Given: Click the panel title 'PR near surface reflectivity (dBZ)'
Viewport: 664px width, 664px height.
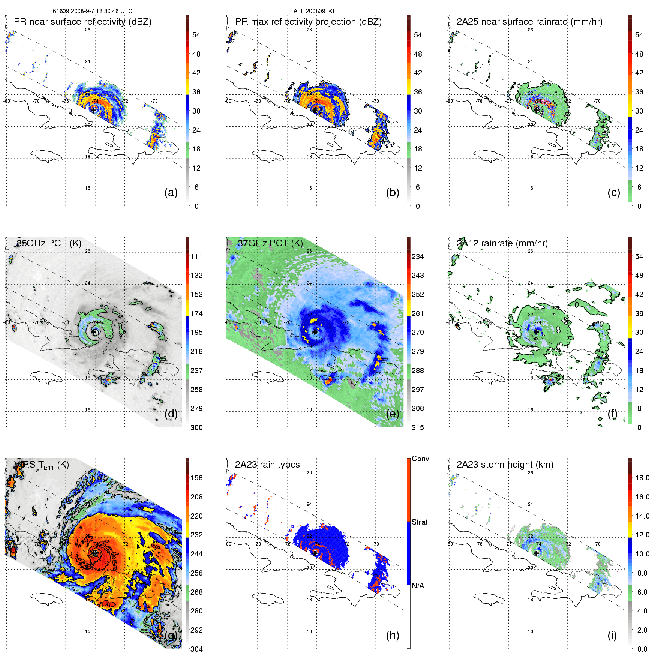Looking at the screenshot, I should pos(82,22).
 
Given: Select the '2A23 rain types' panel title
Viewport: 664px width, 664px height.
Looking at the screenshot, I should pos(267,465).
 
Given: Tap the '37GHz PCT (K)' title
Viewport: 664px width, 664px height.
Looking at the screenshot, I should pos(270,243).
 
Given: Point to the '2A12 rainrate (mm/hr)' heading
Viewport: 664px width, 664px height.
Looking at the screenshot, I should pos(502,243).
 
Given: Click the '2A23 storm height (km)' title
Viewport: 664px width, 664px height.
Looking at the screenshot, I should pos(505,465).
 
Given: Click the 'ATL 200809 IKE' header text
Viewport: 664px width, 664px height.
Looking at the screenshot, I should pos(315,11).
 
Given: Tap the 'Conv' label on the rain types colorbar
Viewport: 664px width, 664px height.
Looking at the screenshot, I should pos(420,459).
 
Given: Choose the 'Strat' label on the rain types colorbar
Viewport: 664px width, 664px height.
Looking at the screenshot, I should pos(420,522).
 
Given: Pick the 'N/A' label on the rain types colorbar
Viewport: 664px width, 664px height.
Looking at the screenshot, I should pos(418,586).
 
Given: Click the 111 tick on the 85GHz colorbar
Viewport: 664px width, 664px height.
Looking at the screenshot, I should pos(196,256).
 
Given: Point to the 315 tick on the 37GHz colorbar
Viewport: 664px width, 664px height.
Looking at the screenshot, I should pos(418,427).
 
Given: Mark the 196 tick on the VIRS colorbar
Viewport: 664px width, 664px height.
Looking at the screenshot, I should pos(196,478).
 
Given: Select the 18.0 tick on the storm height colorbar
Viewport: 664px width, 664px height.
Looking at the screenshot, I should pos(642,478).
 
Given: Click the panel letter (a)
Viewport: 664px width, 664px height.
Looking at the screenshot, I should pos(171,192).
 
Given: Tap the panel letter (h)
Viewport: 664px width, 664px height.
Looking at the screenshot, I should pos(393,635).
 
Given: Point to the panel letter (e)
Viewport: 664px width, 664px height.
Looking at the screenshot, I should pos(393,414).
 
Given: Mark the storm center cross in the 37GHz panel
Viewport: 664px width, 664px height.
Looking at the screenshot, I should pos(315,332).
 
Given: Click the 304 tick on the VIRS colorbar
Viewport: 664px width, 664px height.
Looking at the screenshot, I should pos(196,649).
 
